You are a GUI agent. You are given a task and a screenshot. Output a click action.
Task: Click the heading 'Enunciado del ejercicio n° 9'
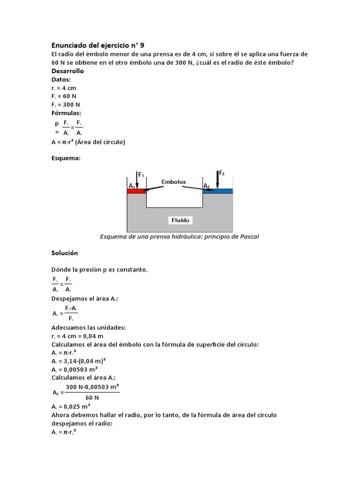click(97, 45)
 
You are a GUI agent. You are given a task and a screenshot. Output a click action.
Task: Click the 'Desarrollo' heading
click(67, 71)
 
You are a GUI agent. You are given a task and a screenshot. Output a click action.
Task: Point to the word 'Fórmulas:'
click(66, 113)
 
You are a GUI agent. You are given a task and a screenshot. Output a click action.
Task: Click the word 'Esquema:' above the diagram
click(66, 158)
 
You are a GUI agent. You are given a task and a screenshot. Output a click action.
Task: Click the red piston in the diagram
click(137, 191)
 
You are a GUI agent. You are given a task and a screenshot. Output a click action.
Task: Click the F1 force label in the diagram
click(140, 176)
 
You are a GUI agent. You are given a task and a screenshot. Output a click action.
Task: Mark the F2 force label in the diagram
click(222, 173)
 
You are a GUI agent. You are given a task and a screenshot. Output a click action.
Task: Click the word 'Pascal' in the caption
click(248, 236)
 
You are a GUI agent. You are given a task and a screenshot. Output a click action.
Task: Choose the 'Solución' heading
click(65, 253)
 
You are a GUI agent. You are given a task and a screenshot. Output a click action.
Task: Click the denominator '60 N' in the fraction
click(86, 397)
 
